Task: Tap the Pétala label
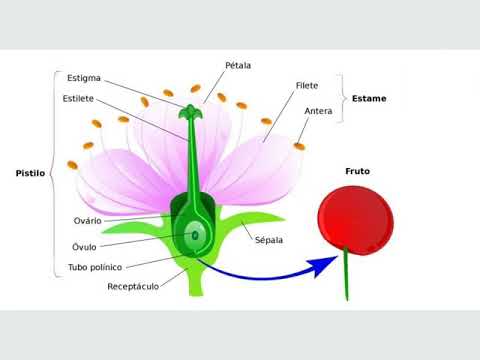pyautogui.click(x=238, y=65)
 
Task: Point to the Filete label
pyautogui.click(x=307, y=86)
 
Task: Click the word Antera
pyautogui.click(x=318, y=111)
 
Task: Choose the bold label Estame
pyautogui.click(x=369, y=99)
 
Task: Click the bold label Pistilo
pyautogui.click(x=30, y=172)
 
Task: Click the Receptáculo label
pyautogui.click(x=133, y=287)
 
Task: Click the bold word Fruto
pyautogui.click(x=357, y=172)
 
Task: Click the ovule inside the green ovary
pyautogui.click(x=194, y=238)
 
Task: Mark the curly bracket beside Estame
pyautogui.click(x=342, y=99)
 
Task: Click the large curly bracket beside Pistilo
pyautogui.click(x=52, y=172)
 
